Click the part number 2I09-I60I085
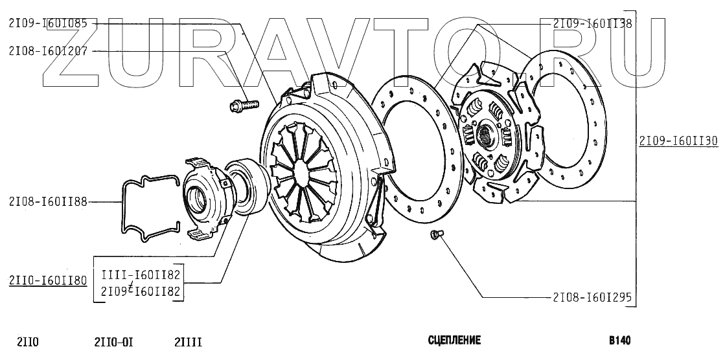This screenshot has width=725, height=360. click(x=48, y=23)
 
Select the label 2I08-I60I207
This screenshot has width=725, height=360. click(x=48, y=51)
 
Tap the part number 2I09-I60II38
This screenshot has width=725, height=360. click(x=592, y=23)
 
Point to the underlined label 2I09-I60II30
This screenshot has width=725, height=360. click(x=679, y=141)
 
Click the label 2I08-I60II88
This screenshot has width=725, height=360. click(x=48, y=201)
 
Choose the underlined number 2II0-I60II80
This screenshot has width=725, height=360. click(x=48, y=280)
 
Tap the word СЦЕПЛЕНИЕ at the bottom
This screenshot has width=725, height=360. click(x=455, y=341)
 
